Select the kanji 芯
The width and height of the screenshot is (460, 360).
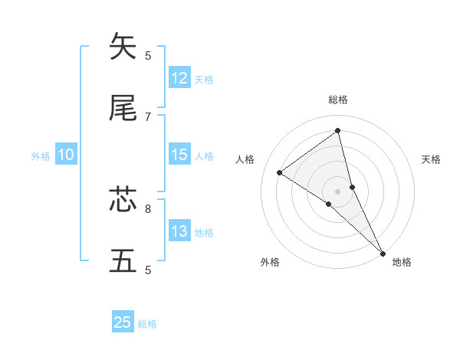[123, 200]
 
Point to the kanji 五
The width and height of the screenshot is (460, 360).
[123, 261]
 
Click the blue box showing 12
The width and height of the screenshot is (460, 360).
[179, 78]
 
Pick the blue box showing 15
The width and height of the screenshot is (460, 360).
[179, 155]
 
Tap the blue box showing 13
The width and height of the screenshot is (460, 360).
[179, 231]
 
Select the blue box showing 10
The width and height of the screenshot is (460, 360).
[66, 155]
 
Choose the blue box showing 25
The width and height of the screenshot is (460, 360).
[123, 322]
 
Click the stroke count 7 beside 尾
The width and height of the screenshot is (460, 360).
[148, 116]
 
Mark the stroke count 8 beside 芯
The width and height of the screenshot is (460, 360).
[148, 208]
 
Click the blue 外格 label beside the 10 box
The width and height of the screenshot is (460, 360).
[41, 156]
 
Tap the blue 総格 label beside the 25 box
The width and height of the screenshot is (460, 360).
[147, 324]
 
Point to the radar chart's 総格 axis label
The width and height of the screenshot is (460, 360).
[338, 100]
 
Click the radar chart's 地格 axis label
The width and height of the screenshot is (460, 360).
[402, 262]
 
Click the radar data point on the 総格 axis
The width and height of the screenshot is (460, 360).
[338, 131]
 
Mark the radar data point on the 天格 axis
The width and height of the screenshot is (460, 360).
[353, 187]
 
